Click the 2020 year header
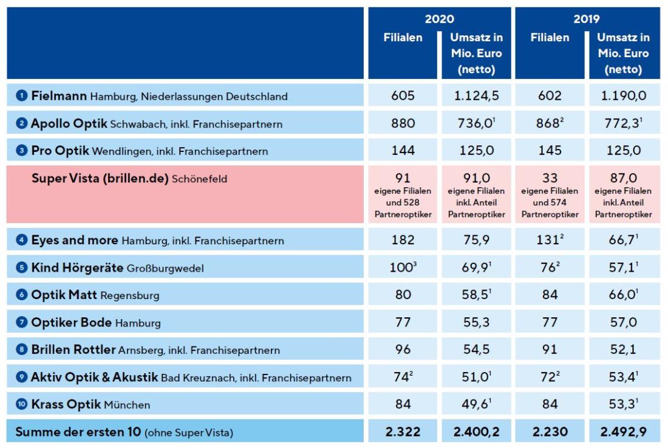click(439, 19)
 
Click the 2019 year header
click(587, 19)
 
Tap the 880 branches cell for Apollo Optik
click(403, 123)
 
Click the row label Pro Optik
click(60, 150)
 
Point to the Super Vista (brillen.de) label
click(100, 179)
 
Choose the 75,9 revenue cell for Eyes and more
click(476, 240)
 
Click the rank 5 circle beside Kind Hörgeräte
click(22, 268)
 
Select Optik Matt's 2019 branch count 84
click(550, 295)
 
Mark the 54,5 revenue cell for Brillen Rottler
click(476, 350)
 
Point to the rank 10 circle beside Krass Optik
click(22, 404)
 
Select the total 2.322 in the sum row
click(403, 432)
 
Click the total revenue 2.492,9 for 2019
click(624, 432)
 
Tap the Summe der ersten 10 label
click(78, 432)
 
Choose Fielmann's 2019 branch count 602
click(550, 96)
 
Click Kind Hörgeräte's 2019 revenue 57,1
click(622, 268)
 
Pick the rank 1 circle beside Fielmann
click(22, 96)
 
